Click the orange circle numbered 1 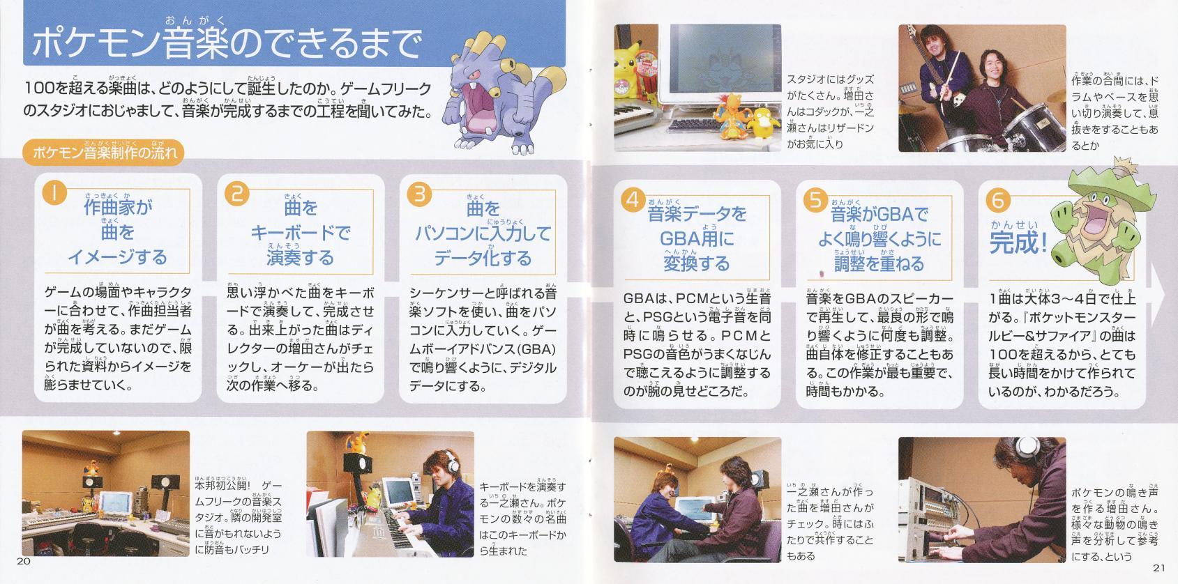click(54, 192)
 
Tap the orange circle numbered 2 click(237, 193)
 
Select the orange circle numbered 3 click(420, 194)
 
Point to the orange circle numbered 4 click(633, 199)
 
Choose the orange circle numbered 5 click(815, 200)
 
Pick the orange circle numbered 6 click(998, 200)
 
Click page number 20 click(24, 561)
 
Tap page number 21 click(1159, 567)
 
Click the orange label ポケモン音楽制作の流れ click(104, 153)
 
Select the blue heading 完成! click(1019, 243)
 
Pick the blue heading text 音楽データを click(697, 213)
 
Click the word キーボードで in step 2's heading click(301, 232)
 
